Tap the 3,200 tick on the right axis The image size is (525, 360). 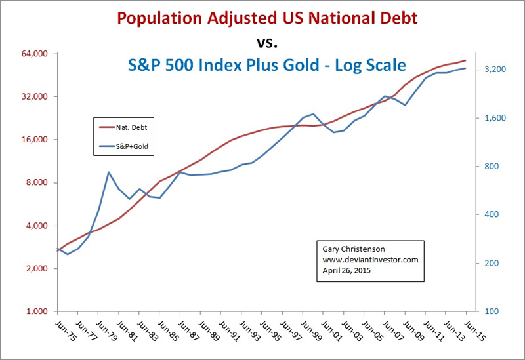click(x=492, y=70)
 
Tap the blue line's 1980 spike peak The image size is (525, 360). click(x=109, y=172)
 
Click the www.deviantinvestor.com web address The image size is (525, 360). click(x=370, y=260)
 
